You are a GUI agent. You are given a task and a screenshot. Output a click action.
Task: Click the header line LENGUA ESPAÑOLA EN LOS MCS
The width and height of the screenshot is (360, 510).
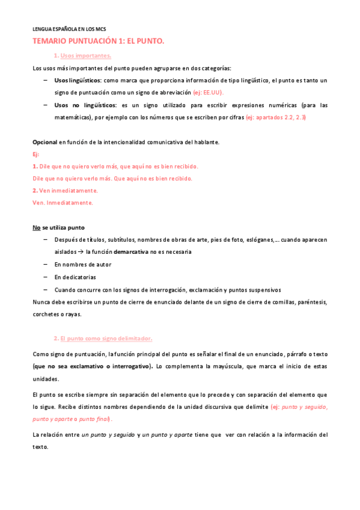[69, 28]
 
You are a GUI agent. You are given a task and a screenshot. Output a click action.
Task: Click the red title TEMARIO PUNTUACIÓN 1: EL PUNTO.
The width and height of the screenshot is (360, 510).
[98, 41]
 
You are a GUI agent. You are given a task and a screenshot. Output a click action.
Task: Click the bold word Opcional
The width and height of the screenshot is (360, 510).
[44, 141]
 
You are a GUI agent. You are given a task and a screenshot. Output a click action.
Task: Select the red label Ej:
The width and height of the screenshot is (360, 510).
[35, 154]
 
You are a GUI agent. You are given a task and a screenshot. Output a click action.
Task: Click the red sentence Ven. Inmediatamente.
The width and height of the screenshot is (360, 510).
[63, 203]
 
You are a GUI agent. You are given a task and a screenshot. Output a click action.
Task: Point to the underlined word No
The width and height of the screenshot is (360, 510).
[36, 227]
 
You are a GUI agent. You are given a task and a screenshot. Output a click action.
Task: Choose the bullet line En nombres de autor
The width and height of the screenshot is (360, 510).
[82, 265]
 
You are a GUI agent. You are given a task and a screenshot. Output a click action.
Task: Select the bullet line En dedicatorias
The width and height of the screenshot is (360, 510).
[75, 277]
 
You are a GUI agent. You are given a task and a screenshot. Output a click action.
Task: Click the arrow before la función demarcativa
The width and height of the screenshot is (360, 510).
[81, 252]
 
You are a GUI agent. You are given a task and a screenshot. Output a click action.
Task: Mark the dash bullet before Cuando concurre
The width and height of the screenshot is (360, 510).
[46, 289]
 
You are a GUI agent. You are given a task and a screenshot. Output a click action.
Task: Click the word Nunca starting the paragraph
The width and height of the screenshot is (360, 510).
[41, 301]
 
